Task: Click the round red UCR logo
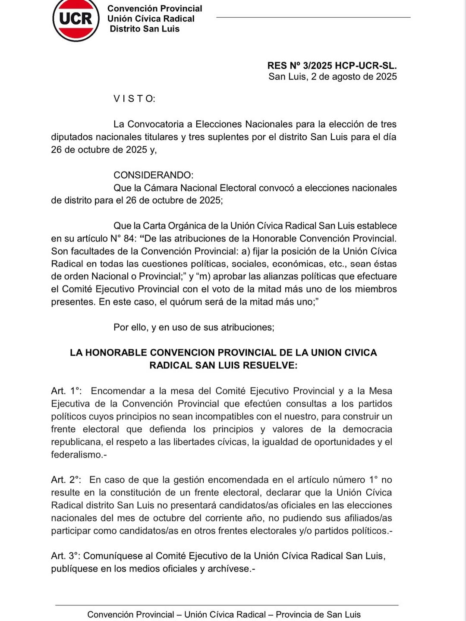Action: tap(76, 19)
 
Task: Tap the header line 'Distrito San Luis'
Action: tap(145, 29)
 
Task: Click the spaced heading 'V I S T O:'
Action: tap(134, 99)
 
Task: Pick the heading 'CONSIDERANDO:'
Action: tap(153, 175)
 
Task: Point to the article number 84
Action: tap(129, 238)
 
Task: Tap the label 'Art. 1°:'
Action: tap(66, 391)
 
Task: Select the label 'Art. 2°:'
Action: tap(66, 480)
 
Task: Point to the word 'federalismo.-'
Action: tap(79, 455)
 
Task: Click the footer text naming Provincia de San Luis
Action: tap(318, 615)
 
